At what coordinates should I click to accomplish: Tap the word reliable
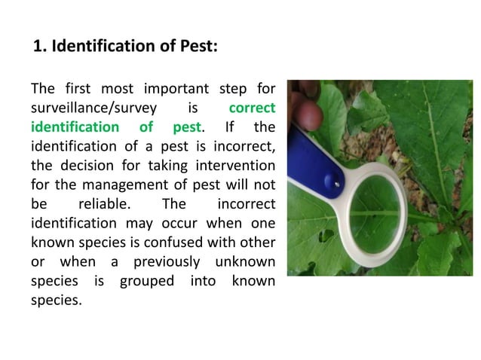(103, 204)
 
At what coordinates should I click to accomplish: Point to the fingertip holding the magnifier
(306, 115)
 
